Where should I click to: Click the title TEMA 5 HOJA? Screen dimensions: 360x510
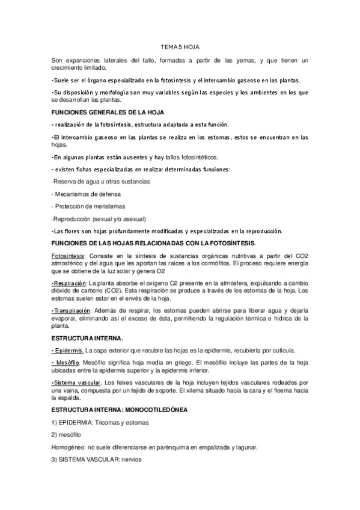click(x=180, y=46)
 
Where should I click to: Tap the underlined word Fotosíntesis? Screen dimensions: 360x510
click(x=69, y=257)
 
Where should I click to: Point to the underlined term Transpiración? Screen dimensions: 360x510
click(x=72, y=310)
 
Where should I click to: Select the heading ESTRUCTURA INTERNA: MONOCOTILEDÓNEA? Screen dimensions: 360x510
click(x=120, y=410)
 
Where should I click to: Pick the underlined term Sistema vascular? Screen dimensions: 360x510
click(x=77, y=382)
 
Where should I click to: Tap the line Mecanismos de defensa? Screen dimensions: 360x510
click(x=87, y=194)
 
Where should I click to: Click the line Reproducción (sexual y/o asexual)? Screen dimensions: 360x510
click(x=99, y=218)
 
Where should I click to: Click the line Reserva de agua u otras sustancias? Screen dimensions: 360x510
click(x=101, y=182)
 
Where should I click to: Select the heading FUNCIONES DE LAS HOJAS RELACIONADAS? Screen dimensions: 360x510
click(x=153, y=243)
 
